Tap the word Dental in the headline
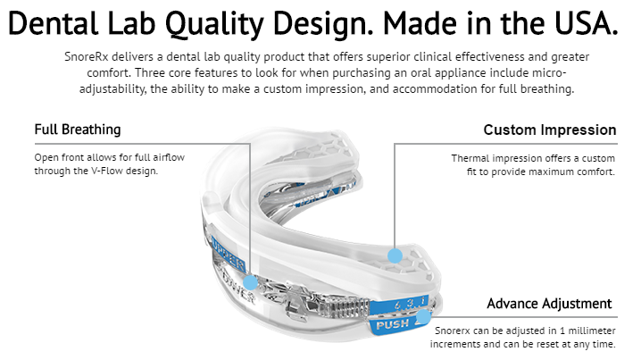click(54, 23)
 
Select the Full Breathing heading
click(78, 130)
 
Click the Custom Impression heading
click(550, 130)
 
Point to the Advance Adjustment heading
click(549, 304)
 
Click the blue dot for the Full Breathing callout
click(250, 282)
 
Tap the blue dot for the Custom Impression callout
click(395, 255)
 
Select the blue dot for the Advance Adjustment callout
click(423, 316)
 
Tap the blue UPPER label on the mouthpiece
click(229, 253)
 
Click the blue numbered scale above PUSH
click(399, 305)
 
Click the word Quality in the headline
click(213, 24)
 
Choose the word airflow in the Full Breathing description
click(169, 157)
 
